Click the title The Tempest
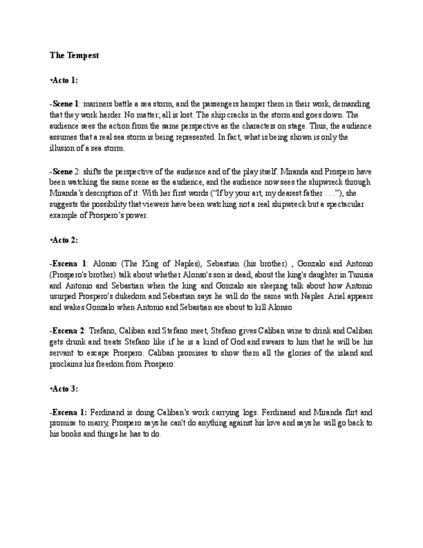click(x=74, y=56)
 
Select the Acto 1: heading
click(x=64, y=80)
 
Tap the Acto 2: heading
click(x=64, y=240)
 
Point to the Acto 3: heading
click(x=64, y=388)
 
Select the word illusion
click(x=61, y=148)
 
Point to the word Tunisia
click(x=358, y=274)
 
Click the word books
click(x=70, y=434)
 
